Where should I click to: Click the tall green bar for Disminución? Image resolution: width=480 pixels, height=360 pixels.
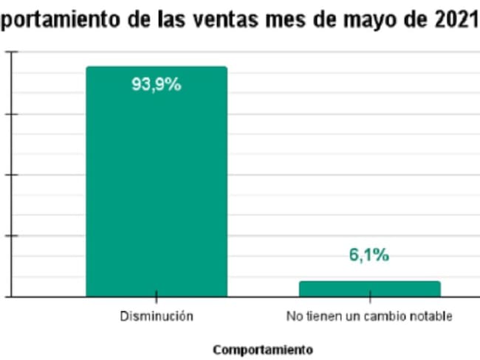tap(156, 184)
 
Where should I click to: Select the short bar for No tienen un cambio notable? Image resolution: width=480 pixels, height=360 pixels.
tap(369, 288)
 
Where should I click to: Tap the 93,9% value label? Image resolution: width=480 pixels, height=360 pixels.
tap(156, 84)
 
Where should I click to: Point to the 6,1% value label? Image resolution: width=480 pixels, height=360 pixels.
tap(368, 255)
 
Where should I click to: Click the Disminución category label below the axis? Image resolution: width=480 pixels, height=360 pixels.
tap(157, 316)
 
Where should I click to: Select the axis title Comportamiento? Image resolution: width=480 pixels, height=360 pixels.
tap(262, 349)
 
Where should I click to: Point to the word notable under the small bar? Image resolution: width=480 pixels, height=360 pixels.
tap(431, 316)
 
